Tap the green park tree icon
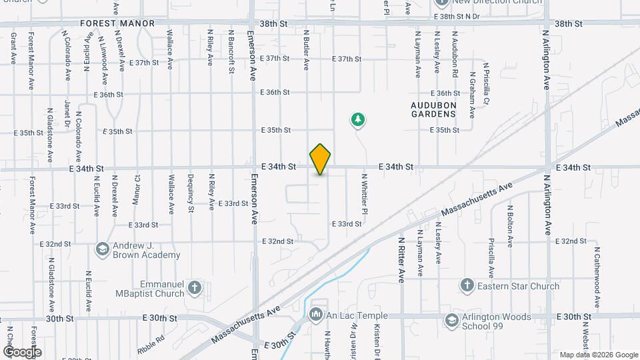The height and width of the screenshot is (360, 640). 359,120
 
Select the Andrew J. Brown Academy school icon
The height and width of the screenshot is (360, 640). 102,249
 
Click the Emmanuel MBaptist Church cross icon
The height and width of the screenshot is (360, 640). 194,288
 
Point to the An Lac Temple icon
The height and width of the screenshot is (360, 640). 316,313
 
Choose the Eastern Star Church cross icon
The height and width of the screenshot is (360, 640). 467,286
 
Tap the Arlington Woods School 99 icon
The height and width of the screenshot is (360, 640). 453,321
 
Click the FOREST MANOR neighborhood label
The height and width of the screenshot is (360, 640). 117,23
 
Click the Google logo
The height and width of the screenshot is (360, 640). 23,351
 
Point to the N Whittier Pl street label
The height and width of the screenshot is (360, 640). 365,194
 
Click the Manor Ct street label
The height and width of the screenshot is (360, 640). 136,190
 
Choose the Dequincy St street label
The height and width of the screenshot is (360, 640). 191,193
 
